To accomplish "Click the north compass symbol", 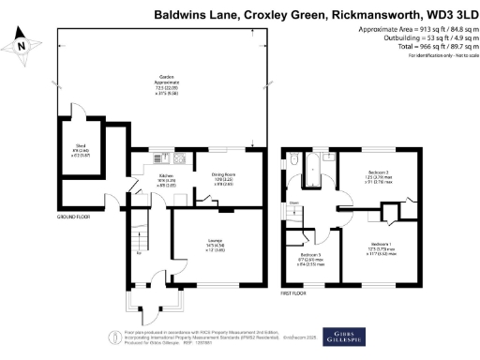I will pos(22,42).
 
